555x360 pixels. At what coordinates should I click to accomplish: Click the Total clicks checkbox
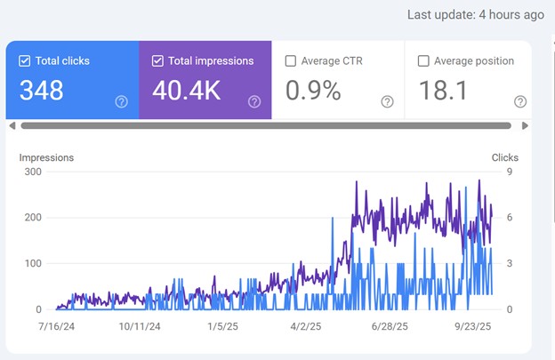click(24, 61)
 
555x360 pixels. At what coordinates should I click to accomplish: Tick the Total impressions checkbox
click(157, 61)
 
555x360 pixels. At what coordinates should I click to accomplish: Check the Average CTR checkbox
click(291, 61)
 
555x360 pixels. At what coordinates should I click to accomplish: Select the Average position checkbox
click(424, 61)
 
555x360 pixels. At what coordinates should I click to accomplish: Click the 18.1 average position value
click(444, 90)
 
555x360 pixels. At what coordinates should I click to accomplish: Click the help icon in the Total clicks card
click(121, 102)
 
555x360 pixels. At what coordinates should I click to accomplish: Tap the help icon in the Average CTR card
click(387, 102)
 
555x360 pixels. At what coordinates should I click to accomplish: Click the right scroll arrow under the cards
click(526, 126)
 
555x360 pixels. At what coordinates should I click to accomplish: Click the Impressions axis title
click(46, 157)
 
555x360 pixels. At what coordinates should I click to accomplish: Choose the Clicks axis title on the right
click(504, 157)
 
